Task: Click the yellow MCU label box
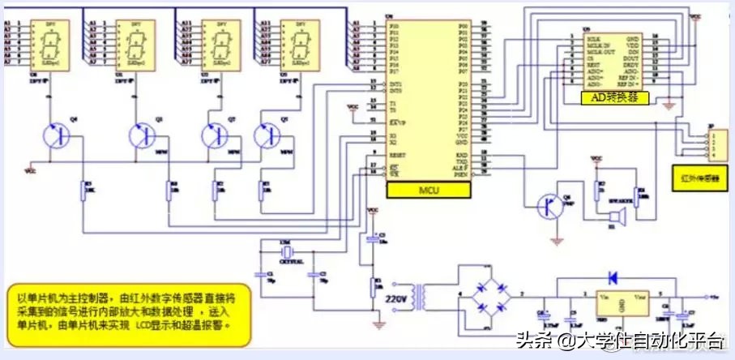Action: [x=429, y=191]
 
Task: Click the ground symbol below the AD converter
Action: [x=668, y=105]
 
